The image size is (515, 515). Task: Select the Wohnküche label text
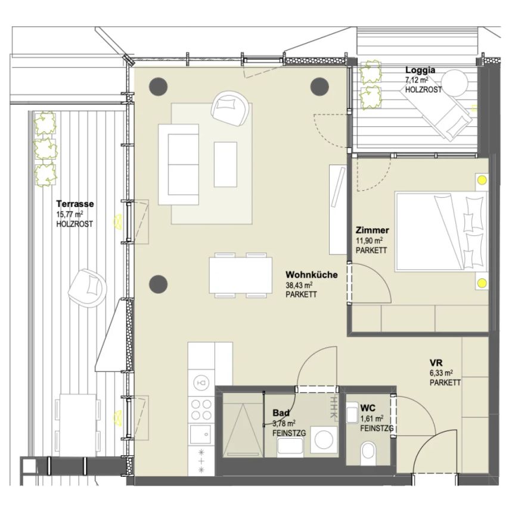click(312, 275)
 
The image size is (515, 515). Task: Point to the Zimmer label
click(372, 230)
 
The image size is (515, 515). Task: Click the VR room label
click(436, 362)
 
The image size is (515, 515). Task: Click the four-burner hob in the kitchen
click(201, 409)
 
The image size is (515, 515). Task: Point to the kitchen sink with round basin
click(201, 382)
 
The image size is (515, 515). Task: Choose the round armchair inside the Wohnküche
click(230, 107)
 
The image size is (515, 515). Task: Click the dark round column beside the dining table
click(159, 283)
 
